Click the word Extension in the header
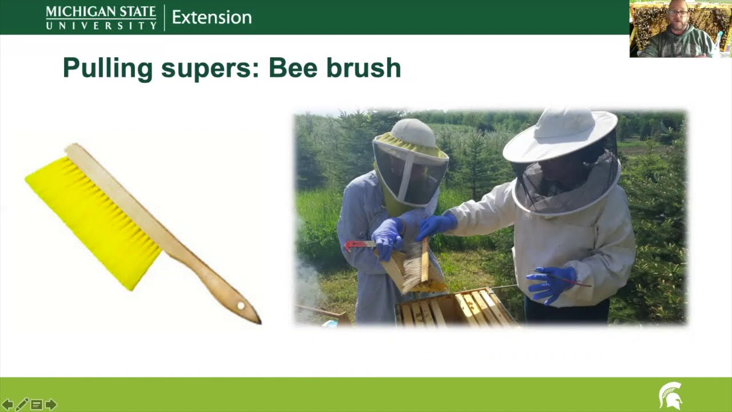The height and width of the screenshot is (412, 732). pos(212,17)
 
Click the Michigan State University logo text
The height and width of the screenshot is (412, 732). pos(101,17)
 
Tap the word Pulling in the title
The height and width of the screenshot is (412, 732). pos(108,68)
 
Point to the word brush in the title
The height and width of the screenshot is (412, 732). pos(364,68)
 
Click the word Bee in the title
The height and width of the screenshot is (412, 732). pos(293,68)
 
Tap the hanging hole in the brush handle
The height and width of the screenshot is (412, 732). pos(241,306)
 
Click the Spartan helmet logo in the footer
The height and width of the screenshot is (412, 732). pos(670,395)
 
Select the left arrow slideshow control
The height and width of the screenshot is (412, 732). pos(7,405)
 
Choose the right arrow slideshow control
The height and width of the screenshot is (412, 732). pos(51,405)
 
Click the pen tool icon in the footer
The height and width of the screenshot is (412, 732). pos(22,405)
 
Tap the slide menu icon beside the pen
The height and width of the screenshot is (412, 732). pos(36,405)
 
